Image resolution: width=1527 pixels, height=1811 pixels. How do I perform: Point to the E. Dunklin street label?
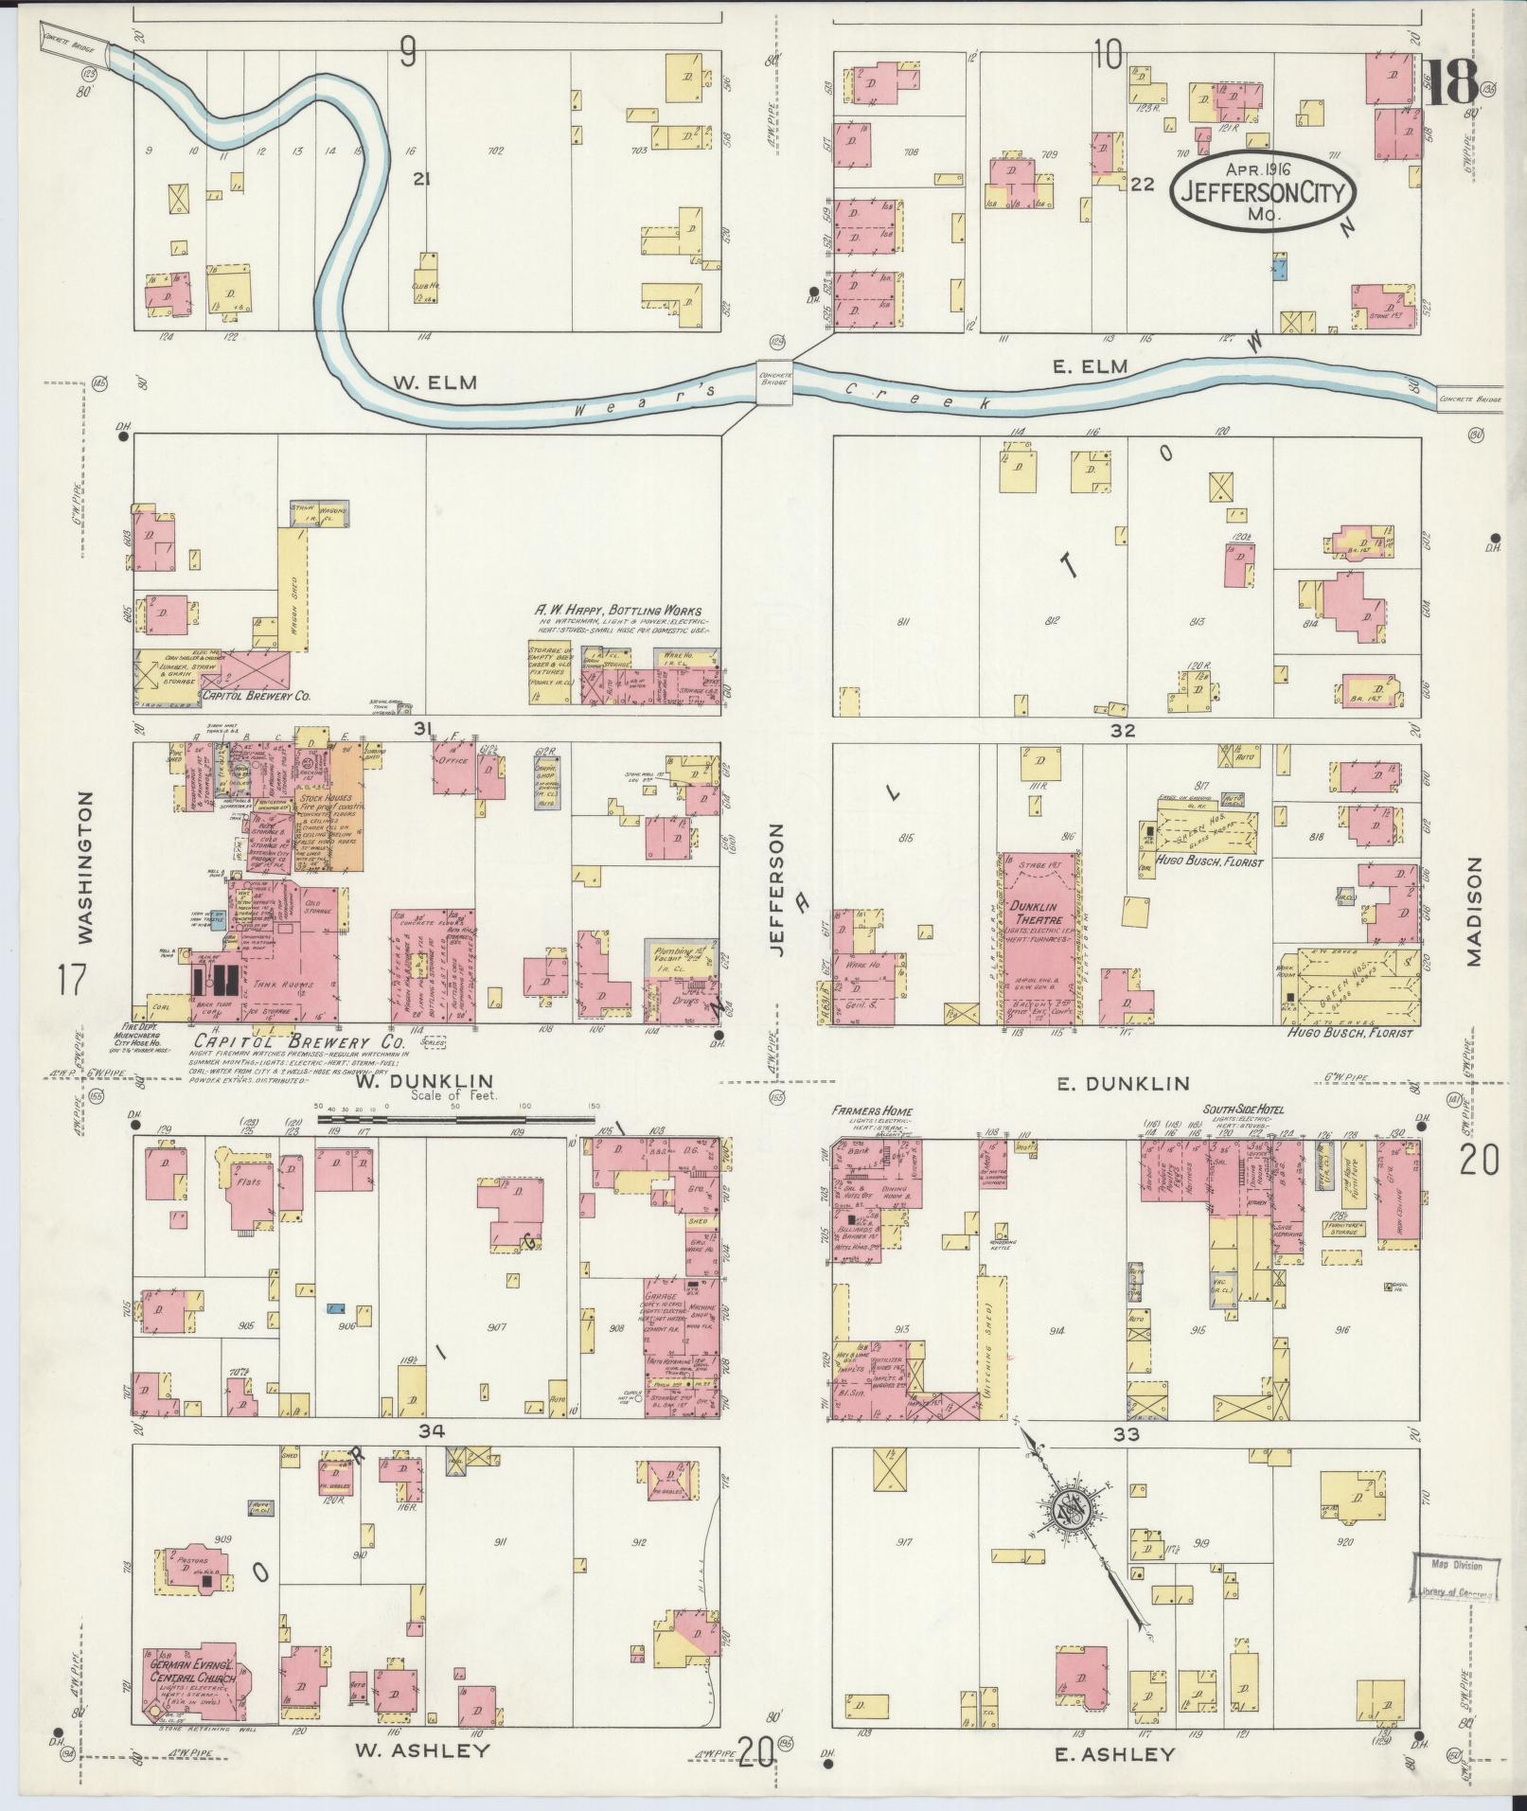coord(1122,1084)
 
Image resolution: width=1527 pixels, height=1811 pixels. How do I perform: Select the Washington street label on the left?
coord(86,868)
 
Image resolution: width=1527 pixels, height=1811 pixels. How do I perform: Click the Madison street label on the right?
coord(1474,912)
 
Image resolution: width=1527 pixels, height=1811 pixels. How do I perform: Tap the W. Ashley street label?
coord(423,1750)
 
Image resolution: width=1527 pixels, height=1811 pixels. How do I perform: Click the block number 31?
coord(423,728)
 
